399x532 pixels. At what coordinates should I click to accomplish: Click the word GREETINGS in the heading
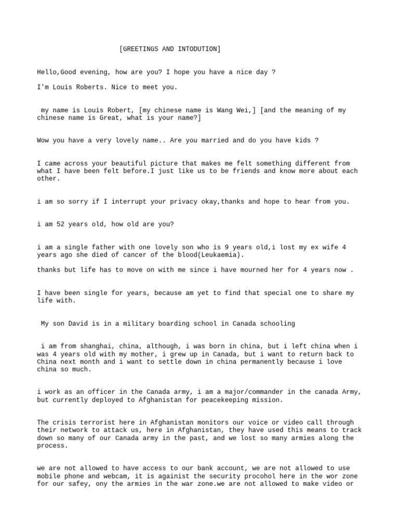point(141,49)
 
